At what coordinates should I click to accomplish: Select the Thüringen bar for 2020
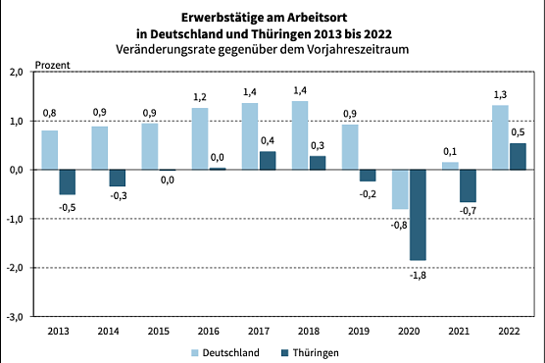click(418, 215)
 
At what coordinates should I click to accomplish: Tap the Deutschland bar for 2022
click(500, 137)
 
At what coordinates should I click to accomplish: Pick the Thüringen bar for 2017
click(268, 160)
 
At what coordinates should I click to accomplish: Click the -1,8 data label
click(419, 274)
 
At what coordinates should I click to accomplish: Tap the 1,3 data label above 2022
click(500, 94)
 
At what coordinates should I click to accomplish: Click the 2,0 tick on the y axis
click(17, 72)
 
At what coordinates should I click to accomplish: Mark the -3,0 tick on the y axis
click(16, 317)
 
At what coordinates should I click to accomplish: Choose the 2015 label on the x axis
click(159, 331)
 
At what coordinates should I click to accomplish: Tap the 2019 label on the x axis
click(359, 331)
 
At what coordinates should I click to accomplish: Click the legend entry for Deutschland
click(224, 349)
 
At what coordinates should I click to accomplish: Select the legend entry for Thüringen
click(313, 349)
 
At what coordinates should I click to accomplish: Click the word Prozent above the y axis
click(54, 64)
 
